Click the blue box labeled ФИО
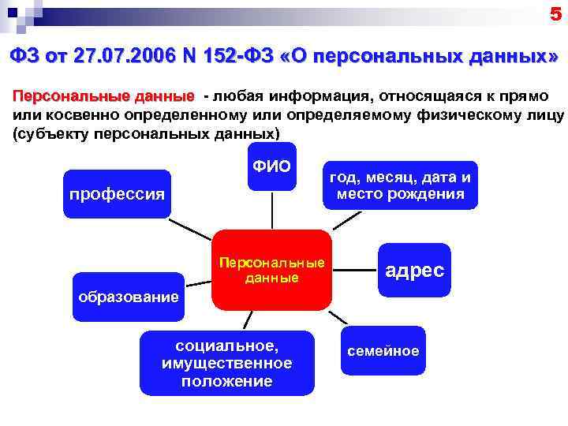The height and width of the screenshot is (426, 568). [x=272, y=166]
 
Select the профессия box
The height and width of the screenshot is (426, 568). [x=118, y=193]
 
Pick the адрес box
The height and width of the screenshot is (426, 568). [x=414, y=271]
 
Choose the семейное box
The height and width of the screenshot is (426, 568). [x=383, y=351]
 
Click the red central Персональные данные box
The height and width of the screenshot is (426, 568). [x=271, y=271]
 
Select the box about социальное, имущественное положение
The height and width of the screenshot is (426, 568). [x=226, y=364]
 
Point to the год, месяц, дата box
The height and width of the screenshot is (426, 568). [x=400, y=185]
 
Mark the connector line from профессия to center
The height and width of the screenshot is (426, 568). [x=189, y=228]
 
